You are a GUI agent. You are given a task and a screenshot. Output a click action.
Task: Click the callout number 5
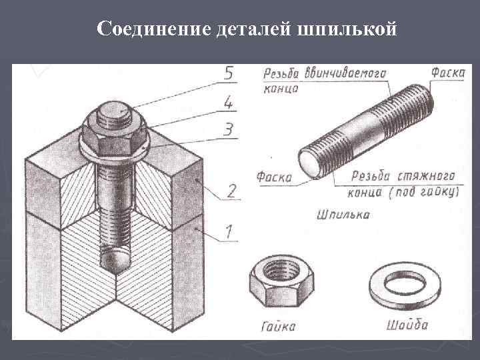pyautogui.click(x=228, y=75)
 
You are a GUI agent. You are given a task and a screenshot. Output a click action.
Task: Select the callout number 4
pyautogui.click(x=228, y=102)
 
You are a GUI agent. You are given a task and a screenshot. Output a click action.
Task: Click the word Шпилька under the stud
pyautogui.click(x=344, y=215)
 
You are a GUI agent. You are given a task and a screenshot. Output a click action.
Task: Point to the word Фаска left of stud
pyautogui.click(x=274, y=177)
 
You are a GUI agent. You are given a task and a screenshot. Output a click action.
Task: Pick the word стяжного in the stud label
pyautogui.click(x=427, y=176)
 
